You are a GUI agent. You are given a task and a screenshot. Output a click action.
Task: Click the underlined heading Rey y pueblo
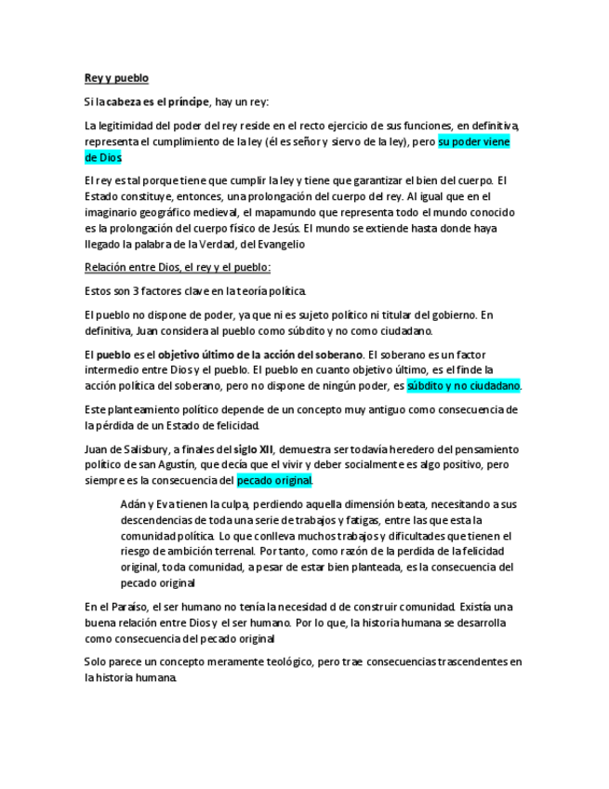tap(116, 78)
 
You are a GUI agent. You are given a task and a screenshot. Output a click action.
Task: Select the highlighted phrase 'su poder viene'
tap(474, 142)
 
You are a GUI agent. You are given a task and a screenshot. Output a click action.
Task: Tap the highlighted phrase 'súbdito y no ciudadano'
tap(463, 385)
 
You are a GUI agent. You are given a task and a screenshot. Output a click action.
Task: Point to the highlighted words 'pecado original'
tap(274, 481)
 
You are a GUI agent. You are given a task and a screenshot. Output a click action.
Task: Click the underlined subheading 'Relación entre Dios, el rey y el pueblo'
tap(177, 268)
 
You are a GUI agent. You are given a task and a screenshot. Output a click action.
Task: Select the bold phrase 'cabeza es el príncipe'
tap(157, 101)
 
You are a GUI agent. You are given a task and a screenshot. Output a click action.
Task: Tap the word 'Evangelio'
tap(277, 244)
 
